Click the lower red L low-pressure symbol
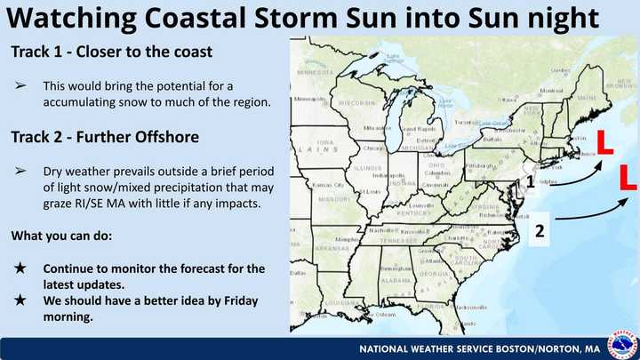pos(628,176)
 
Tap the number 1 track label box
pos(530,182)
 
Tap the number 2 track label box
pos(539,231)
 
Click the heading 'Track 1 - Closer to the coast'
pos(112,52)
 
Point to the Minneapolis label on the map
pos(310,99)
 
